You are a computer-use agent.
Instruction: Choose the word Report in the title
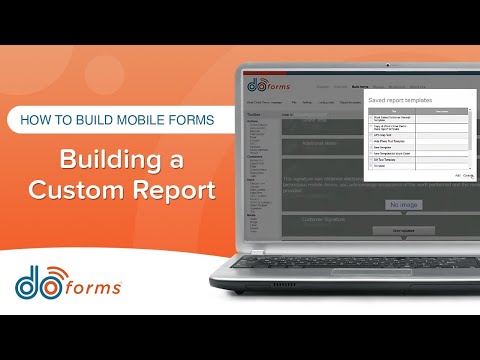pos(173,189)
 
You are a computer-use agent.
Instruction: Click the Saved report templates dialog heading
pos(403,101)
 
